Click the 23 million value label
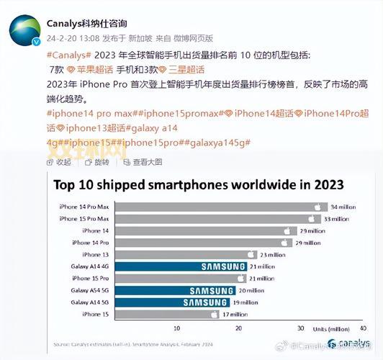pyautogui.click(x=274, y=254)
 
